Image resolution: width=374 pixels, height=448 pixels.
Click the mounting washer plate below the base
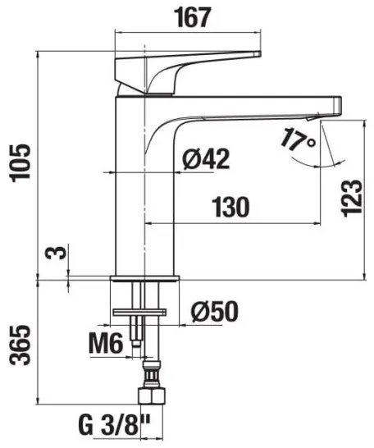140,311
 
